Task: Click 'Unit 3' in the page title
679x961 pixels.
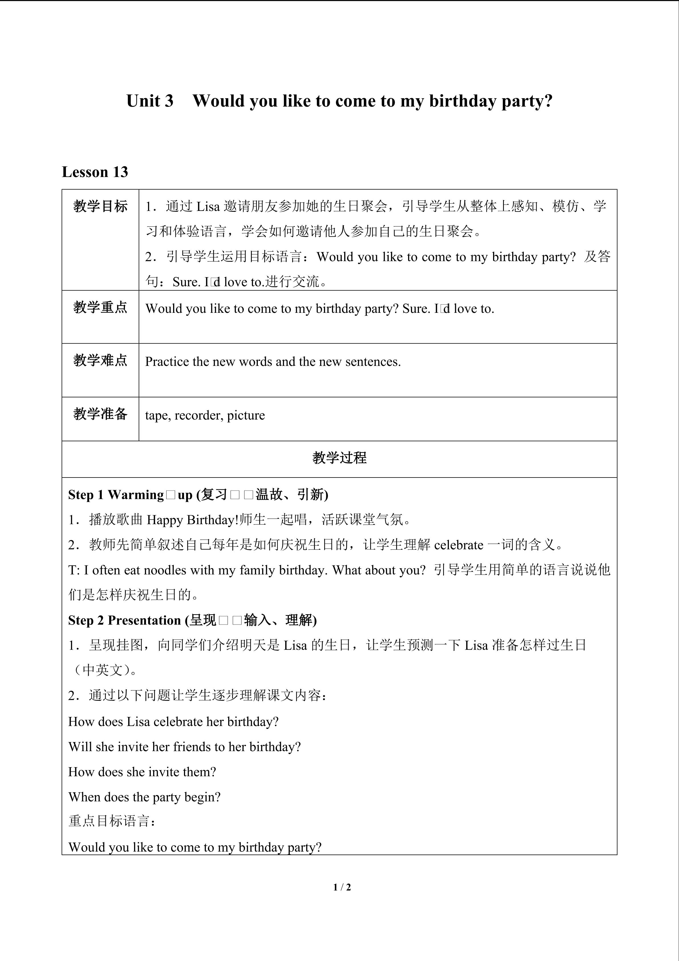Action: (150, 101)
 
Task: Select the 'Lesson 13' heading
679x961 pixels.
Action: (95, 172)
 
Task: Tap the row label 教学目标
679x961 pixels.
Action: (100, 206)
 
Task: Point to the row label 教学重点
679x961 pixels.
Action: (100, 308)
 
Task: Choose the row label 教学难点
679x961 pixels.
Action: (100, 360)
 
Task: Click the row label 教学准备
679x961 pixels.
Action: (100, 414)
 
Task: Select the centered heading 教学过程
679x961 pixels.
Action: (339, 458)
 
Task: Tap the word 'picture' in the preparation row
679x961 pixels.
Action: (246, 415)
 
